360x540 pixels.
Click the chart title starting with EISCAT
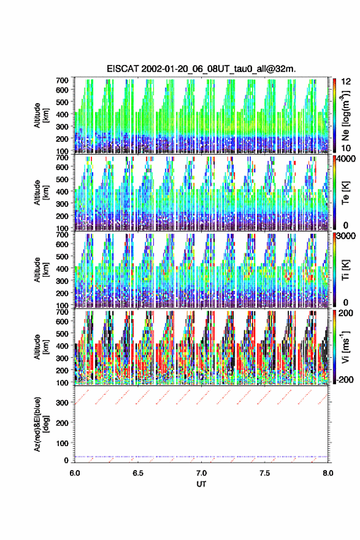pos(201,69)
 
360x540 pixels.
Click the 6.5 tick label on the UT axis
pos(138,473)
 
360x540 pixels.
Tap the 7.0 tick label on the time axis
pos(201,473)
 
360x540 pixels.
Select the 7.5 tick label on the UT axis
pos(265,473)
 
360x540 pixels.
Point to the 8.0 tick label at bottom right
pos(327,473)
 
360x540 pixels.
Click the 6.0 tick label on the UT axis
pos(75,473)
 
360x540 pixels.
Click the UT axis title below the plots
pos(201,484)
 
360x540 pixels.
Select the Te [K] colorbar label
pos(345,193)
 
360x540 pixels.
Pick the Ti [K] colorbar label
pos(345,270)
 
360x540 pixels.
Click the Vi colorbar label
pos(345,347)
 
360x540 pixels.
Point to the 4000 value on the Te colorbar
pos(345,159)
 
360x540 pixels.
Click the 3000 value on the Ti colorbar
pos(345,236)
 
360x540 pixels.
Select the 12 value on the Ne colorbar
pos(346,82)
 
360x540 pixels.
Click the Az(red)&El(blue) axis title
pos(42,424)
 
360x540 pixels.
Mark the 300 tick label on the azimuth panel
pos(63,403)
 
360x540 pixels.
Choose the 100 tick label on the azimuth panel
pos(63,443)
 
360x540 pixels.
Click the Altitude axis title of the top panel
pos(42,115)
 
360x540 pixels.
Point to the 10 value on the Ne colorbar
pos(346,148)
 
